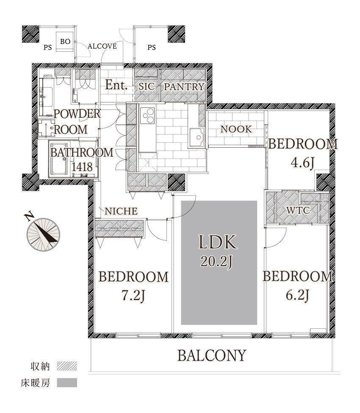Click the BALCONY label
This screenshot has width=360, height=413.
click(x=212, y=355)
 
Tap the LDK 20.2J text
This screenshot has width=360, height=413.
click(x=217, y=251)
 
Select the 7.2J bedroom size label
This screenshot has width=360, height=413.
click(x=133, y=296)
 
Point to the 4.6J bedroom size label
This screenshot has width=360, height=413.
click(x=302, y=163)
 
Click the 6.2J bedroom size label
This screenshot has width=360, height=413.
click(x=297, y=295)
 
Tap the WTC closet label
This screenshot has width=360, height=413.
click(x=298, y=210)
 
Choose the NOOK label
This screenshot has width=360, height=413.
click(x=236, y=129)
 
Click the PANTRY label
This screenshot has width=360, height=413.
click(x=184, y=87)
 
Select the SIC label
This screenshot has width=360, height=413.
click(x=147, y=86)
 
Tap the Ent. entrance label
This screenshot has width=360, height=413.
click(x=116, y=85)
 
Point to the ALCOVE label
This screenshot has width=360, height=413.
click(x=102, y=47)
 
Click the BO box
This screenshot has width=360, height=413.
click(x=65, y=41)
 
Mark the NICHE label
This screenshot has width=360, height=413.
click(x=121, y=211)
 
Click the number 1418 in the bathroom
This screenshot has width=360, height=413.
click(x=82, y=167)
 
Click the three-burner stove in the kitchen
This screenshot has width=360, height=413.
click(x=147, y=115)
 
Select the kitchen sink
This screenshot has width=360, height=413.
click(x=197, y=137)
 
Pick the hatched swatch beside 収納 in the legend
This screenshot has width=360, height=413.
click(x=67, y=366)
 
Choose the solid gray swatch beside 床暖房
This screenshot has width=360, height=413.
click(x=67, y=383)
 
